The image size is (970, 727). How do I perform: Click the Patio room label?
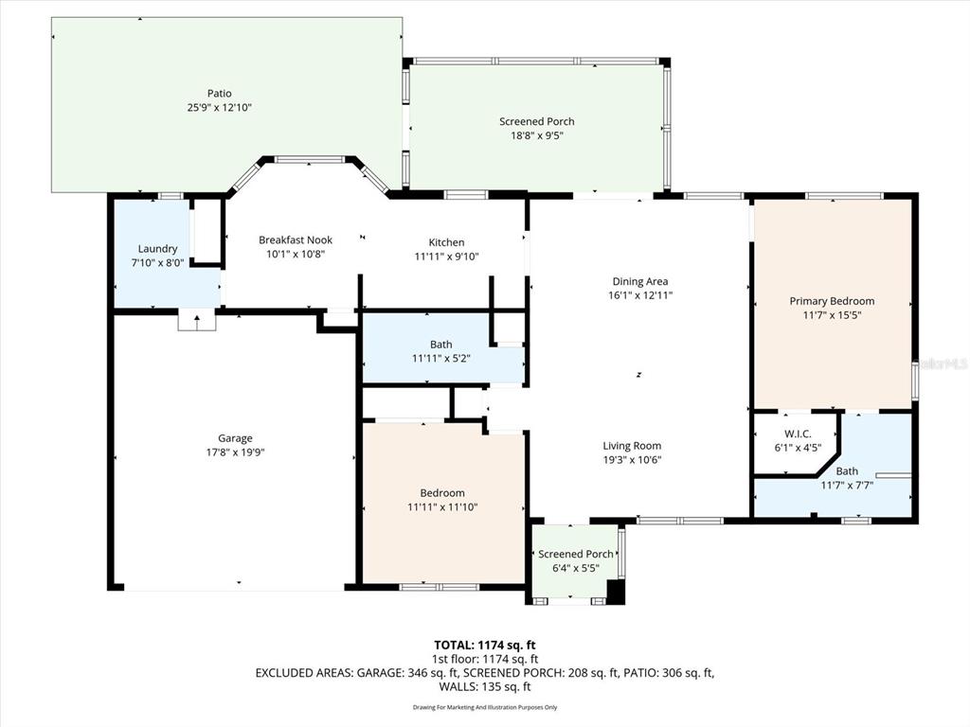tap(220, 93)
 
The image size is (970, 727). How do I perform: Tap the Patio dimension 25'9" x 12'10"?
tap(220, 107)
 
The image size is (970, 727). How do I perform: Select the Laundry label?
tap(157, 249)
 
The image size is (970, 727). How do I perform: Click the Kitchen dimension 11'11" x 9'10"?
tap(440, 257)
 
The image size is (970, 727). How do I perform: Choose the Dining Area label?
tap(640, 281)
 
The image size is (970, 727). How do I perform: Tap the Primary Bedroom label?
tap(832, 301)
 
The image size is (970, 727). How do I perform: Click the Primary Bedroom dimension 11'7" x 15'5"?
tap(832, 315)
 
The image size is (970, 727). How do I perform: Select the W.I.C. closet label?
tap(794, 434)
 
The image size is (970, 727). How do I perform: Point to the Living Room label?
tap(632, 446)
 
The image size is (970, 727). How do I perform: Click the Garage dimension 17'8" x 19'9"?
tap(235, 452)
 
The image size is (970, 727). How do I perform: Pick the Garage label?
tap(235, 438)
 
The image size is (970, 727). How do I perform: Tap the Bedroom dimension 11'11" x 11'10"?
tap(442, 507)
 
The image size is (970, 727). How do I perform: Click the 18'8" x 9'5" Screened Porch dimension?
tap(537, 135)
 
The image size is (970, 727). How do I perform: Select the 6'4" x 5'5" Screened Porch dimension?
tap(575, 568)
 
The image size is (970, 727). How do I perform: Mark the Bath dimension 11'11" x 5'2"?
tap(440, 359)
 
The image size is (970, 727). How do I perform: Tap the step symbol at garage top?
tap(197, 321)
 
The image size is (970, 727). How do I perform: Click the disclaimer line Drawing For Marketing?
tap(484, 707)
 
